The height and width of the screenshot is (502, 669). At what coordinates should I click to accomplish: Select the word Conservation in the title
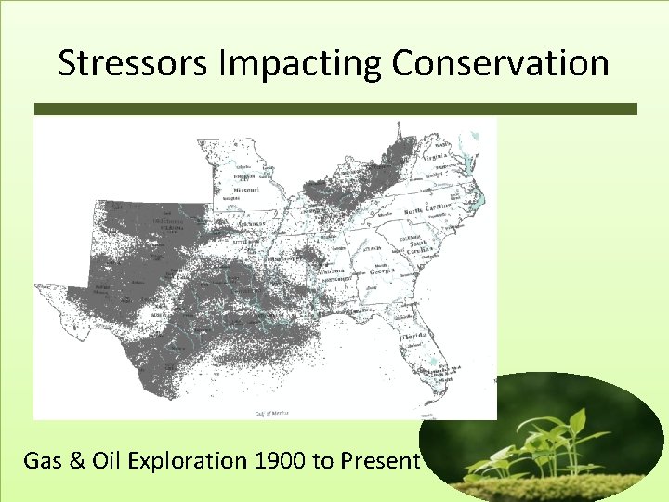point(500,63)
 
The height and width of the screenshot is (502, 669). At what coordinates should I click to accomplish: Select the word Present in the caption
point(381,460)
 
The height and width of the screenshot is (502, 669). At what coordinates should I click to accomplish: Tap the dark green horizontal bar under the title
point(334,109)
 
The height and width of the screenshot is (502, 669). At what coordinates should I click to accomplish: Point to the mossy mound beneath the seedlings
point(557,488)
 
